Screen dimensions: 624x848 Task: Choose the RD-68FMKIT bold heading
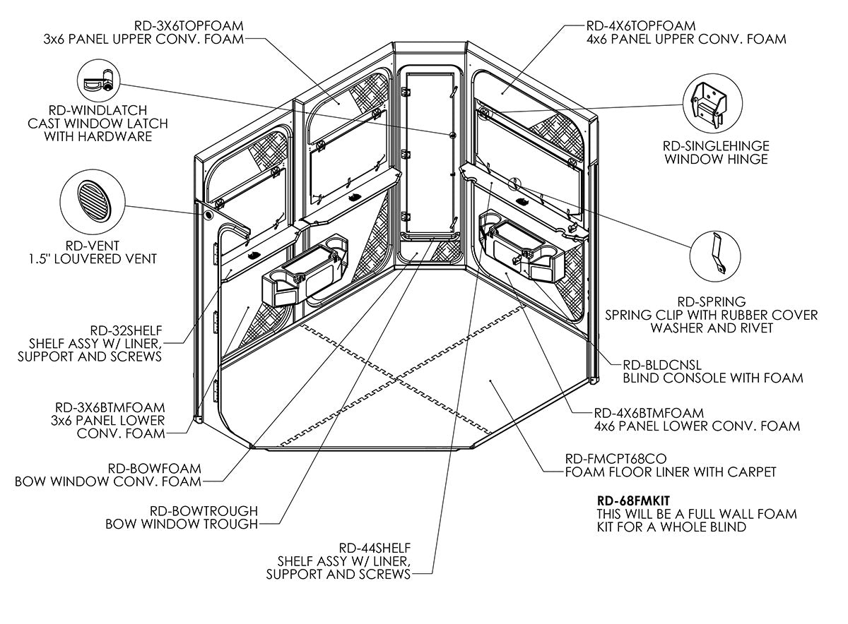pyautogui.click(x=634, y=500)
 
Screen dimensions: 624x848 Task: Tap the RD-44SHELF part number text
pyautogui.click(x=375, y=548)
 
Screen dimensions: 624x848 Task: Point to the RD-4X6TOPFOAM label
pyautogui.click(x=641, y=25)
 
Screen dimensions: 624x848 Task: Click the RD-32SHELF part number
pyautogui.click(x=126, y=330)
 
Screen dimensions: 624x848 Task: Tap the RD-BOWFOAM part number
pyautogui.click(x=154, y=468)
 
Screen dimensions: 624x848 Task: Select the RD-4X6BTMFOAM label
pyautogui.click(x=649, y=413)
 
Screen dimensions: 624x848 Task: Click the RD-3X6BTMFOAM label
pyautogui.click(x=110, y=407)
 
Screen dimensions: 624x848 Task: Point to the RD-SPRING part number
pyautogui.click(x=711, y=301)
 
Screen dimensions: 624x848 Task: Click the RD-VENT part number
pyautogui.click(x=93, y=246)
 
